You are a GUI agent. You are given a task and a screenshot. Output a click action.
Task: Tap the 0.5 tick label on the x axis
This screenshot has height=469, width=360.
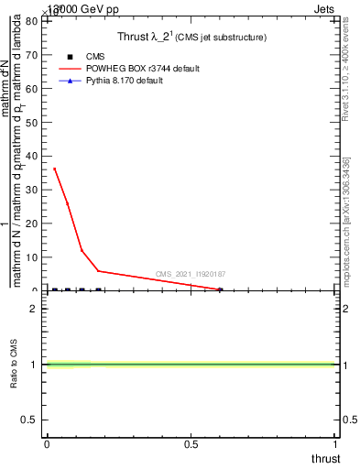coord(191,444)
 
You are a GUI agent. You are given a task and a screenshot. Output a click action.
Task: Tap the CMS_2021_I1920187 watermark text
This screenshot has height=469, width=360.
coord(191,274)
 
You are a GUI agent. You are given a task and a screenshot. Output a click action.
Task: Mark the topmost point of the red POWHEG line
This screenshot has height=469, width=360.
coord(54,169)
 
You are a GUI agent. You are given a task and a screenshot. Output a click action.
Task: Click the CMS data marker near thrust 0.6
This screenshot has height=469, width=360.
coord(220,289)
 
